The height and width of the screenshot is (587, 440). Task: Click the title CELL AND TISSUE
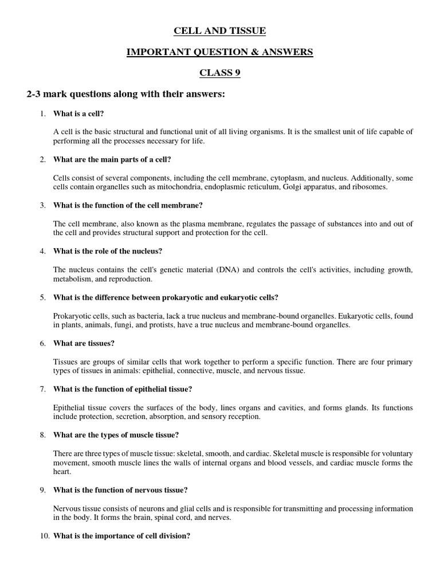pos(220,30)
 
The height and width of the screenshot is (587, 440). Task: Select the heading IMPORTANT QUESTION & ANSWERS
pos(220,52)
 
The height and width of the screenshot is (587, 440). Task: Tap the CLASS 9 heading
pos(220,73)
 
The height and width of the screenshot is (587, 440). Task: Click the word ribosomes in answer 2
pos(368,187)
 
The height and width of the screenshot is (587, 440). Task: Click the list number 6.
pos(43,343)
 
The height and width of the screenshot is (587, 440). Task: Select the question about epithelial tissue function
pos(131,389)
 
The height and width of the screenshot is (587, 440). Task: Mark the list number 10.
pos(44,536)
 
